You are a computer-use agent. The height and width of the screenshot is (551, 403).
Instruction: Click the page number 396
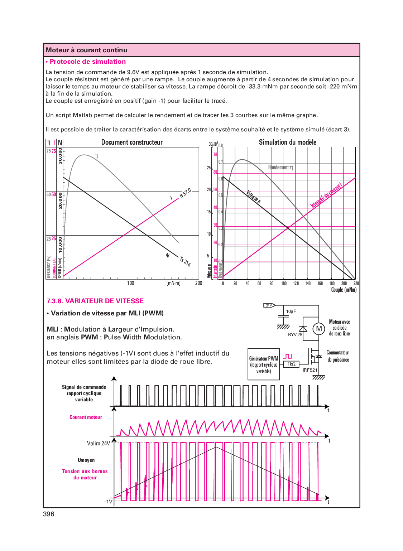49,514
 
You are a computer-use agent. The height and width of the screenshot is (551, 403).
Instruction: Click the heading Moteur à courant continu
86,50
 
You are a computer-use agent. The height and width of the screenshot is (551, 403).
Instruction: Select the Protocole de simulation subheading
87,62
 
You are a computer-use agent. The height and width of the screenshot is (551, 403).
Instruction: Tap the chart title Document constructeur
132,142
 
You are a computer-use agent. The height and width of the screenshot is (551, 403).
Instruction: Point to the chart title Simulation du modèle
288,142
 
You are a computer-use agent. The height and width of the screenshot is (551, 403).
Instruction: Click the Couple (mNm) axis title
344,290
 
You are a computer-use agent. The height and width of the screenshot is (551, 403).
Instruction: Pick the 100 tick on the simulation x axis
284,283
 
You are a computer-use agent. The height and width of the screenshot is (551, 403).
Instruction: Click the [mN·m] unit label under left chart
173,283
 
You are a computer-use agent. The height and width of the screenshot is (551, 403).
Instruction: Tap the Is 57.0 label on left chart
185,193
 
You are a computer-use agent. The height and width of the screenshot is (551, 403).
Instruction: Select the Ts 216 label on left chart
185,261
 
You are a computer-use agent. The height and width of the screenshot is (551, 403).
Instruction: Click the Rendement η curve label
280,168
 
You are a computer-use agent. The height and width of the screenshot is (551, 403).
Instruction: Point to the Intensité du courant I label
326,195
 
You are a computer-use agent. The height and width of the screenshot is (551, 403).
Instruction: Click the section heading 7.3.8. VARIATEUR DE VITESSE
95,301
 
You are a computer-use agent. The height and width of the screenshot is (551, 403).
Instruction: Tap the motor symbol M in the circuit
319,329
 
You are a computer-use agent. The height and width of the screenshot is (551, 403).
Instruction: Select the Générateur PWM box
264,364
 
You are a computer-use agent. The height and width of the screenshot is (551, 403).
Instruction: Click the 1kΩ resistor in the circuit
292,364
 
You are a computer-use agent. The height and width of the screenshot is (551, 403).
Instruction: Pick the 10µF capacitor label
291,311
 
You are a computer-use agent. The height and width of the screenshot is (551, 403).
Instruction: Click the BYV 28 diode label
295,335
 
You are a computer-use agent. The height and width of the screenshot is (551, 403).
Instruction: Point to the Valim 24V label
98,444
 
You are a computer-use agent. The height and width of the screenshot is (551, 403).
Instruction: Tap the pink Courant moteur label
86,417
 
